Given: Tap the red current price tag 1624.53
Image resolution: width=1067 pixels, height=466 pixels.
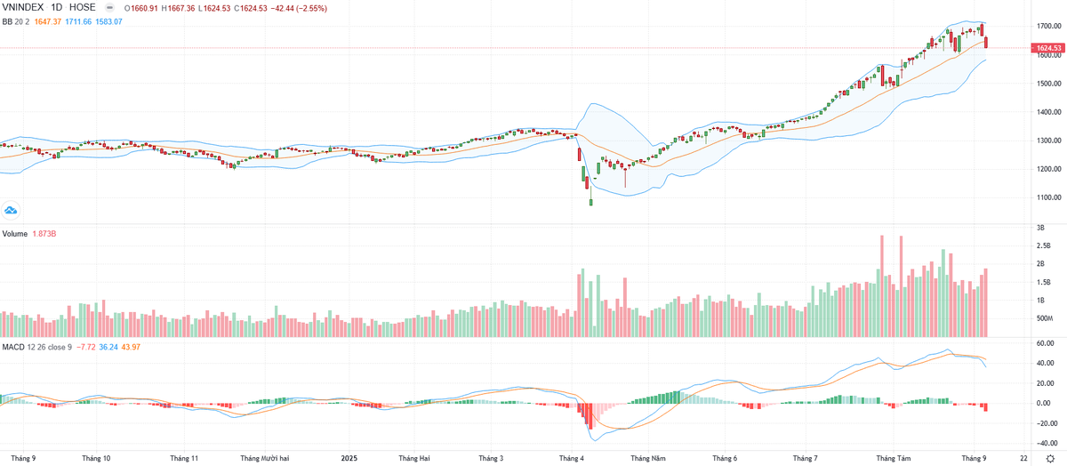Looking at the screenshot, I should coord(1050,48).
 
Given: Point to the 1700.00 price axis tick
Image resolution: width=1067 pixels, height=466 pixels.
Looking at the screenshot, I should coord(1049,26).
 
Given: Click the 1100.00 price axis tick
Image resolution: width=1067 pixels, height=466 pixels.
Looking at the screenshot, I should coord(1049,197).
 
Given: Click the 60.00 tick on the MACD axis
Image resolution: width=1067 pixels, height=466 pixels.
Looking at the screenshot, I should coord(1047,343).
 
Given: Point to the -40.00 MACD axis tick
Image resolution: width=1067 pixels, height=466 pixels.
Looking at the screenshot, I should coord(1047,443).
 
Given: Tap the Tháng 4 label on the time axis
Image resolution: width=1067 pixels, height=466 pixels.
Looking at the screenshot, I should coord(571,459).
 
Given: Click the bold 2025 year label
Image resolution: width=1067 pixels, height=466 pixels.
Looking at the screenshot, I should coord(351,459).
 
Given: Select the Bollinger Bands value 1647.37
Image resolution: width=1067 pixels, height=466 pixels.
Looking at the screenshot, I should coord(52,20).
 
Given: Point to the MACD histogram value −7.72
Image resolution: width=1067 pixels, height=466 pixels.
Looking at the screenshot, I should coord(86,345).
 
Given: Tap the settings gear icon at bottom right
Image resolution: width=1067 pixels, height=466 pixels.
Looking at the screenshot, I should coord(1050,457).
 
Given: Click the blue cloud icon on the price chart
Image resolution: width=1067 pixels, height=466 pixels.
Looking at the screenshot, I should coord(12,211).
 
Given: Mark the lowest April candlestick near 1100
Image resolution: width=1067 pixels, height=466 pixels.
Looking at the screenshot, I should coord(590,202).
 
